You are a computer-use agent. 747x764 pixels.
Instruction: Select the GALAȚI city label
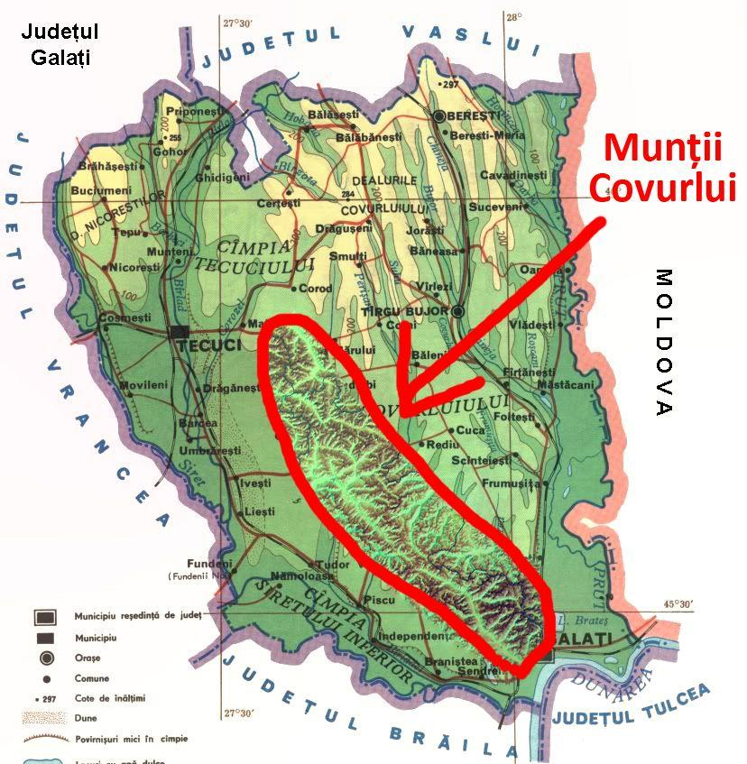click(x=589, y=639)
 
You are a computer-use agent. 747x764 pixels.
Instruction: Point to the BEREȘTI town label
click(x=474, y=116)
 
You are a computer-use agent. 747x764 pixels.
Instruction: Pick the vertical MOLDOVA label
click(x=664, y=342)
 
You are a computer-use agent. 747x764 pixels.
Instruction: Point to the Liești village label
click(x=259, y=511)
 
